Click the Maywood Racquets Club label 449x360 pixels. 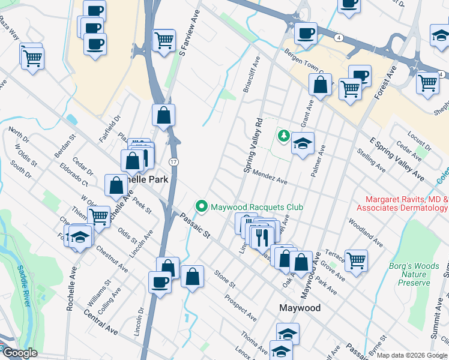coord(257,207)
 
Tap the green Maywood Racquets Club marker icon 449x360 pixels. coord(202,207)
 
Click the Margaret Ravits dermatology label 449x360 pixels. coord(402,203)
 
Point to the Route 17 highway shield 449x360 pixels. coord(173,162)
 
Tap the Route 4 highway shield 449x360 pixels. coord(339,38)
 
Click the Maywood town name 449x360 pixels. coord(300,308)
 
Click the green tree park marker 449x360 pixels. coord(283,136)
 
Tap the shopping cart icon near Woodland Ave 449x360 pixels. coord(357,260)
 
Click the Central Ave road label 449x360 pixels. coord(100,322)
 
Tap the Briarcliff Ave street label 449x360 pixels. coord(251,74)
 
